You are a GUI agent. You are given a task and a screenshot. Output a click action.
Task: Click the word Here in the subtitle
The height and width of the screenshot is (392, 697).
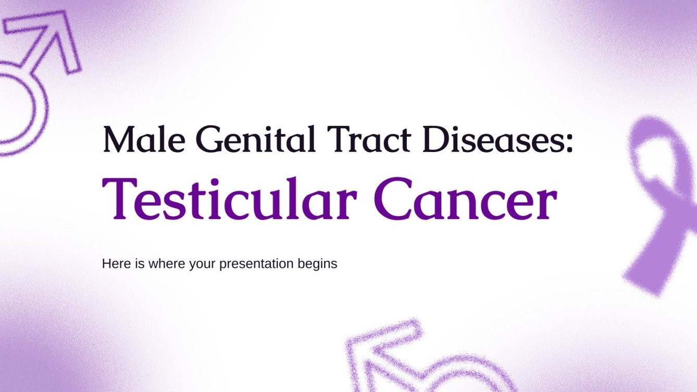[115, 264]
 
